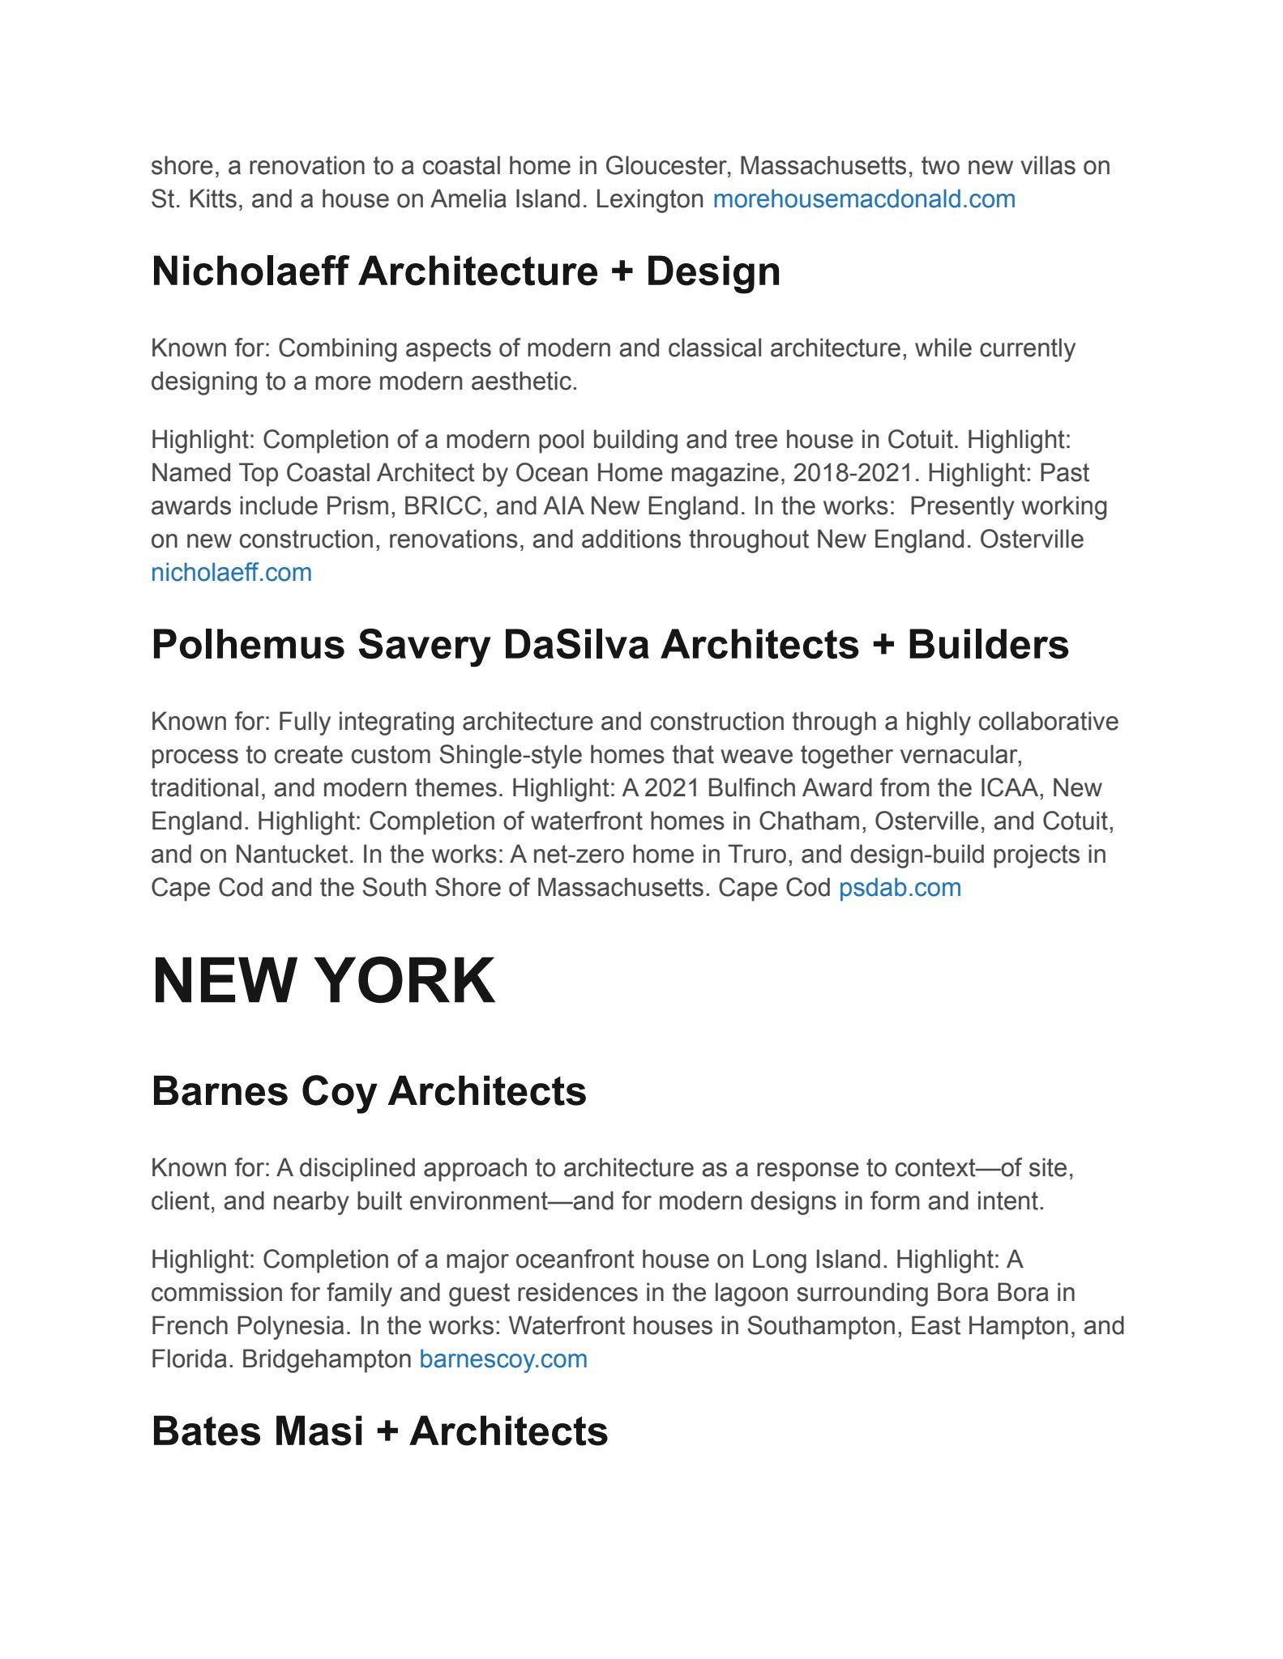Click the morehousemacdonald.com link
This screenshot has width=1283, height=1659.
click(x=863, y=199)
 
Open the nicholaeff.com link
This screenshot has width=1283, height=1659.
click(x=231, y=573)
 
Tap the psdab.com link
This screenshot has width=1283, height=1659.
click(x=900, y=888)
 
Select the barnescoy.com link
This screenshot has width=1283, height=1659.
click(x=503, y=1358)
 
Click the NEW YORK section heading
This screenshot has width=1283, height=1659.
click(x=323, y=981)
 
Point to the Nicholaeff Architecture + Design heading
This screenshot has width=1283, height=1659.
click(x=466, y=271)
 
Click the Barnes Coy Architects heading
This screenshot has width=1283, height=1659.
click(x=369, y=1090)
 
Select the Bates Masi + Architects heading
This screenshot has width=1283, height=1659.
click(x=379, y=1431)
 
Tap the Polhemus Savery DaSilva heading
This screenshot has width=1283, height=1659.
click(x=609, y=645)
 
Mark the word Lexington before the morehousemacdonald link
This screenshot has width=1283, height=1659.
click(x=649, y=199)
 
